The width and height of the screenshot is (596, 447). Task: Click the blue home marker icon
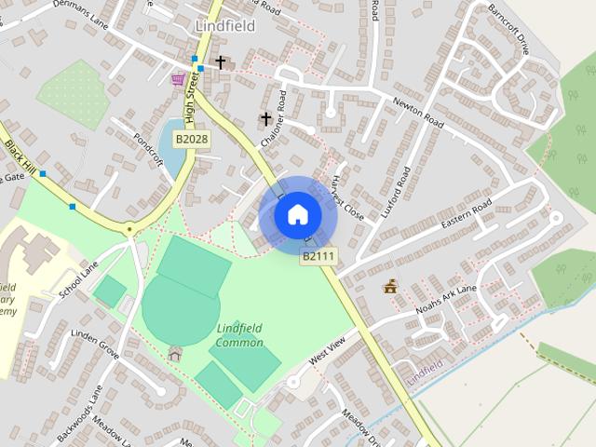tap(298, 215)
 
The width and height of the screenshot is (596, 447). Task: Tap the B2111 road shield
tap(318, 255)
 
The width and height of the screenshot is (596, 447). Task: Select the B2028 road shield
tap(192, 140)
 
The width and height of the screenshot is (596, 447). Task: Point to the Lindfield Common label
tap(240, 335)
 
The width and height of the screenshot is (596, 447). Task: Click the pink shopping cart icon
tap(177, 79)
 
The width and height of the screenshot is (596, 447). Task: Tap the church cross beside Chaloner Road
tap(265, 119)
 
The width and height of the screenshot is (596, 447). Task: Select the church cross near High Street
tap(221, 62)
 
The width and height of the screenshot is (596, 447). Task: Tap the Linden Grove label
tap(95, 342)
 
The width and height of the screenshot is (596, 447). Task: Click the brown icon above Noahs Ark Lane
tap(390, 288)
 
